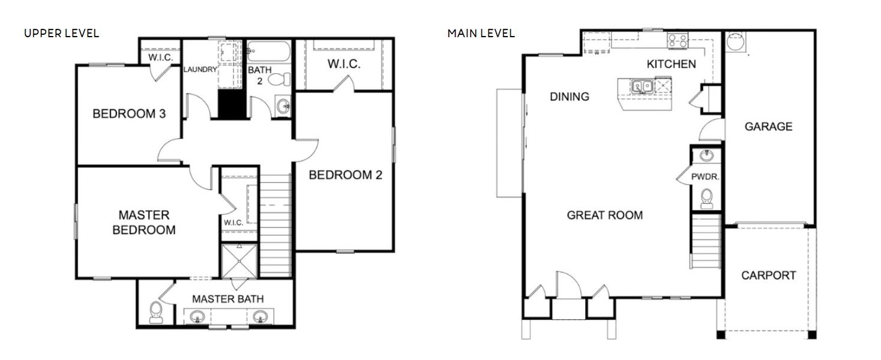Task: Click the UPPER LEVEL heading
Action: pos(61,33)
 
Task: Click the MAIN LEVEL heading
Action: pos(481,33)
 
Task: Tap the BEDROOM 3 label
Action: pos(128,113)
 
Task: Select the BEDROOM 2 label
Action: pos(345,175)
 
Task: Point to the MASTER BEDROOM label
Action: pos(143,222)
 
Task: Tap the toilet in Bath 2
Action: pos(279,79)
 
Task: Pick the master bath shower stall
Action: pos(239,262)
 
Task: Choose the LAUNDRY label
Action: pos(200,70)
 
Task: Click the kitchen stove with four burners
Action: pos(678,40)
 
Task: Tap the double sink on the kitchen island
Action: pos(642,88)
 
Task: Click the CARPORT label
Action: pos(768,275)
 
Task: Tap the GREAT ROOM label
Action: pos(604,215)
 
